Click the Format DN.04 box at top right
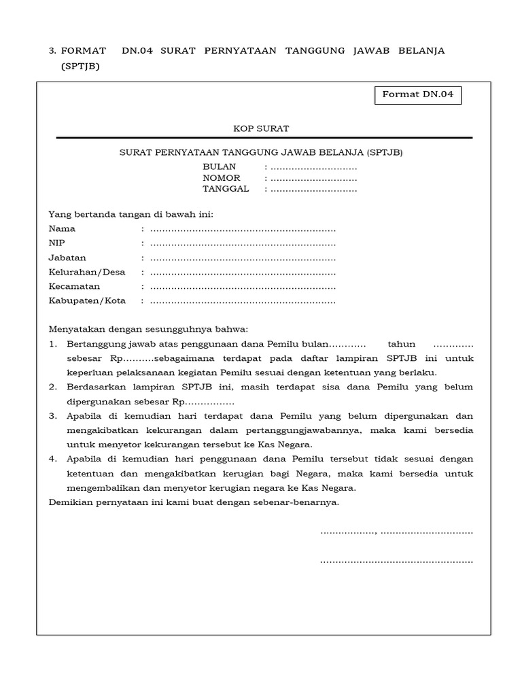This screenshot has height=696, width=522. (x=418, y=95)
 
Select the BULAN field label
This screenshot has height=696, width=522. (x=219, y=167)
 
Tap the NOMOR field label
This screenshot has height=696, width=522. (x=222, y=178)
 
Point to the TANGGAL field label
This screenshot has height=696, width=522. (x=226, y=189)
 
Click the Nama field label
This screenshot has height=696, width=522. (x=62, y=229)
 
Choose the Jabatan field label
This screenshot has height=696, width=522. (x=67, y=258)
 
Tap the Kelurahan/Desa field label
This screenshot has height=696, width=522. (x=87, y=272)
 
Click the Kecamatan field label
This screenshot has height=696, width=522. (x=74, y=286)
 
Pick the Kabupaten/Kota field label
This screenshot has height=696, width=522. (x=87, y=300)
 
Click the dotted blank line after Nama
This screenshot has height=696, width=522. (x=243, y=230)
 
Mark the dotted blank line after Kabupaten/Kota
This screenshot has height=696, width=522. (x=243, y=301)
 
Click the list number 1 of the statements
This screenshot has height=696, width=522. (x=52, y=344)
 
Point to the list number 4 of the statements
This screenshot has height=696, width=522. (x=52, y=459)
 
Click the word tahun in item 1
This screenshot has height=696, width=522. (x=401, y=344)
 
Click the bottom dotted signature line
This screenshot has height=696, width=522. (x=396, y=561)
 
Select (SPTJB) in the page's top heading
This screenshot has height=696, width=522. (x=80, y=66)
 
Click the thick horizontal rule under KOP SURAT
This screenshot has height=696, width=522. (x=264, y=138)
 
